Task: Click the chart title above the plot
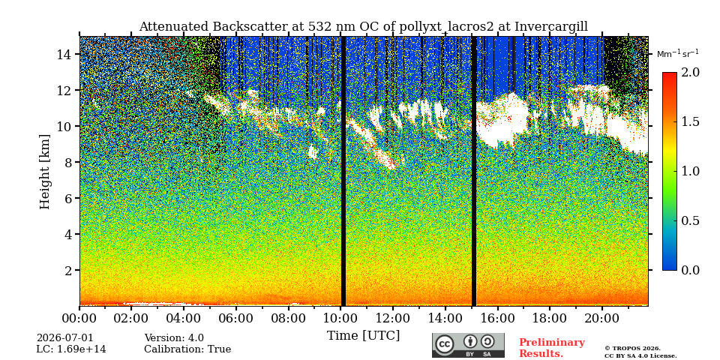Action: click(363, 27)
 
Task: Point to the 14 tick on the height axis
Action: click(68, 54)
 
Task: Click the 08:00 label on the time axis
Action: click(288, 318)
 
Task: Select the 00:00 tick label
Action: click(79, 318)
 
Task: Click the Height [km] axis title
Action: click(44, 172)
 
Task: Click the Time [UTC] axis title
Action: click(363, 336)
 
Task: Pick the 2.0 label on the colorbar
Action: click(690, 73)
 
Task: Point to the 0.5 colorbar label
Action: click(690, 220)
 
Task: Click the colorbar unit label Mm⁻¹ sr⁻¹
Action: click(678, 54)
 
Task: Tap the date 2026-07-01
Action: click(64, 338)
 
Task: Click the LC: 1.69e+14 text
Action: click(71, 349)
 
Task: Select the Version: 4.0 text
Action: click(174, 338)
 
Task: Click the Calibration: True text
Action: click(187, 349)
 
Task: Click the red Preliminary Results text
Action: click(552, 348)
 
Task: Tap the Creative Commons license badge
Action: click(468, 345)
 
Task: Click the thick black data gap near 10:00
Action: click(343, 171)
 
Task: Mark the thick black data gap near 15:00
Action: click(474, 171)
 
